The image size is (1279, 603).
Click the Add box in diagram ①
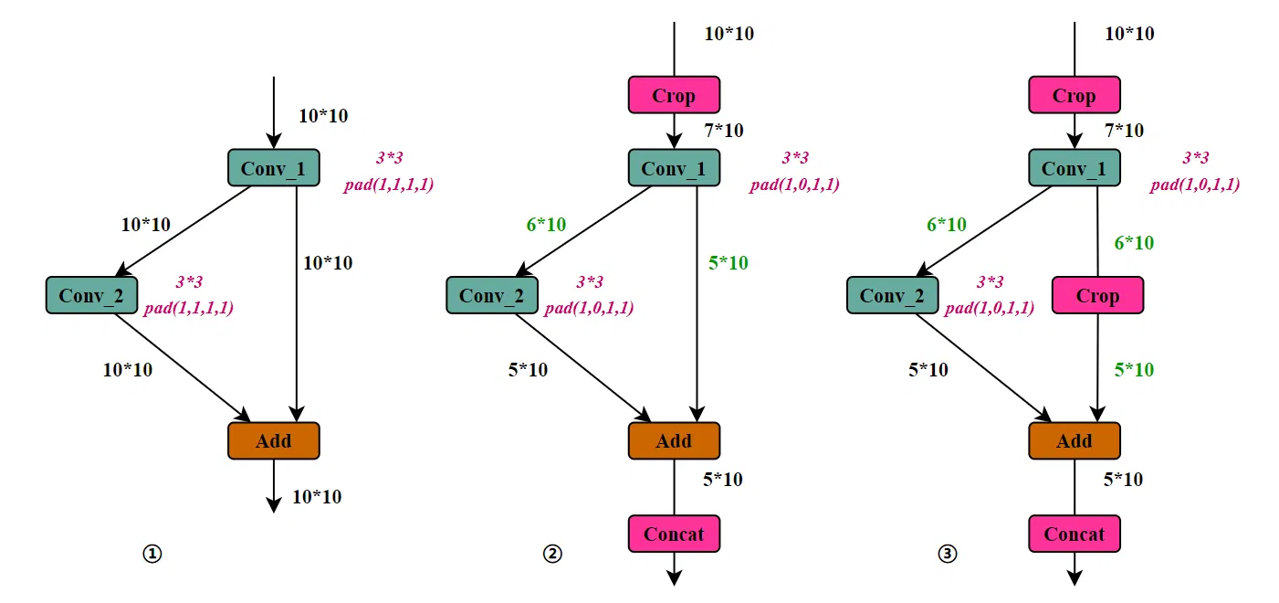273,441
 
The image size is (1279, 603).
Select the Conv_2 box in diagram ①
91,295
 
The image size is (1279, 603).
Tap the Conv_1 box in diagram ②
674,168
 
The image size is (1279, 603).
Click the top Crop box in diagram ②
674,95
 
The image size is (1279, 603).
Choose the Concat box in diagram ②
674,534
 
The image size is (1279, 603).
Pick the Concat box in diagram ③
1074,534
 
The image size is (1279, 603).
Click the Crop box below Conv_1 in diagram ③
1097,296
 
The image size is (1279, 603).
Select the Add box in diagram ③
1074,441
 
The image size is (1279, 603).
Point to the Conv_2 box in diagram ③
892,295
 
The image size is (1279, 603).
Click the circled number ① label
152,554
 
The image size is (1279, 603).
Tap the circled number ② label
551,554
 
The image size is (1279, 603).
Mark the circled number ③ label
949,554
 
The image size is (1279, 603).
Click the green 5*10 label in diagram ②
728,263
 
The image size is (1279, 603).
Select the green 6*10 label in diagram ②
546,225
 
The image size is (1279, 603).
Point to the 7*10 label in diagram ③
1123,131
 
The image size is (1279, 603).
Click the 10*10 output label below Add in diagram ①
317,497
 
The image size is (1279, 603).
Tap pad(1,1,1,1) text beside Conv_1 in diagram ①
388,185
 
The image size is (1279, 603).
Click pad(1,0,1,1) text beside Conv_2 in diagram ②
589,308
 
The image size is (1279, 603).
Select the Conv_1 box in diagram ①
273,168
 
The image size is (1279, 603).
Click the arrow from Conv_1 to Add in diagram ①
297,301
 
